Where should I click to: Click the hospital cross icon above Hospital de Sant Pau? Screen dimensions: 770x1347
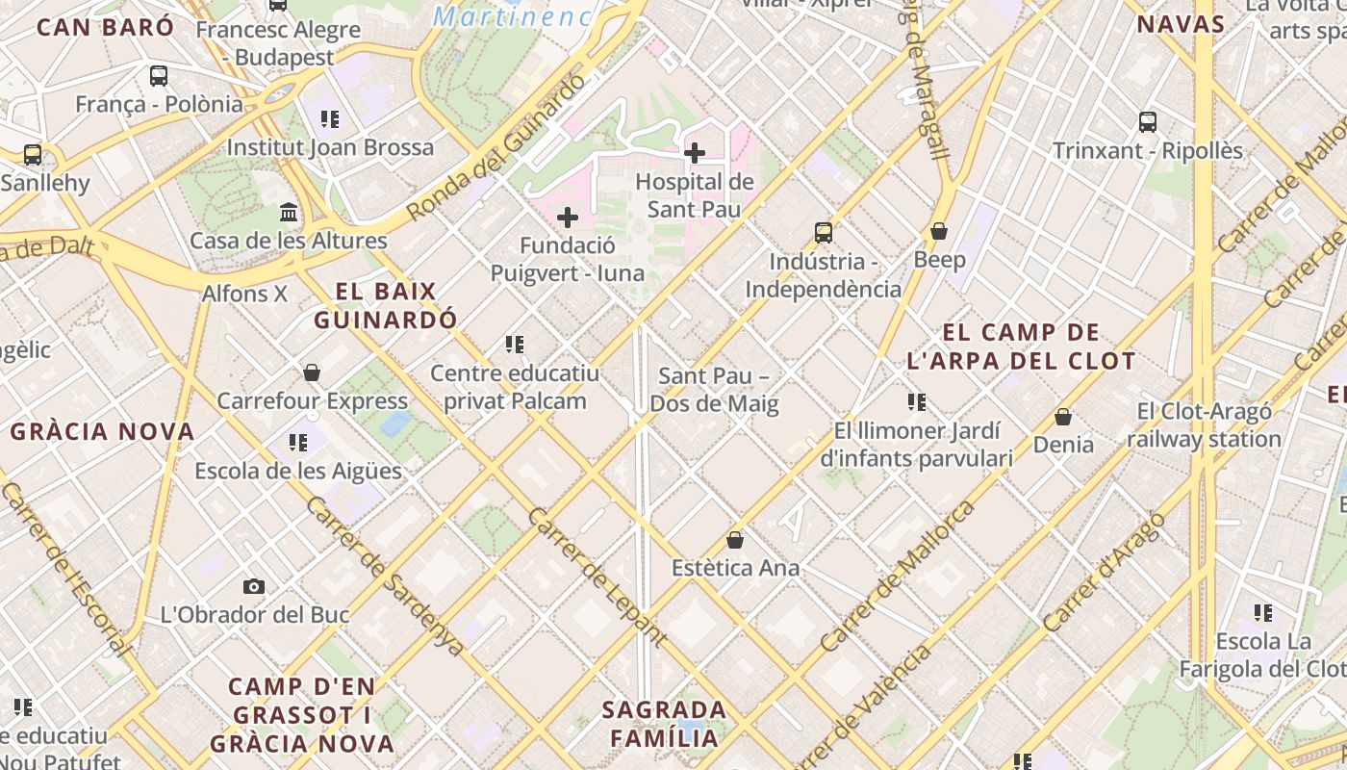[694, 152]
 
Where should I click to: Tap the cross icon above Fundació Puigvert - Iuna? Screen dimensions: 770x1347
[568, 218]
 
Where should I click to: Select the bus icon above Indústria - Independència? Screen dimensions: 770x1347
[823, 232]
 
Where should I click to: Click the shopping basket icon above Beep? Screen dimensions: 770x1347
[939, 231]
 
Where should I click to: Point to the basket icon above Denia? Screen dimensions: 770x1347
[1063, 416]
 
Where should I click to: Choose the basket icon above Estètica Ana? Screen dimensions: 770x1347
[735, 540]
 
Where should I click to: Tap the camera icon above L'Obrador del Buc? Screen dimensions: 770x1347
[254, 586]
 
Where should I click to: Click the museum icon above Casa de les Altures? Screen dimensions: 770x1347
[289, 212]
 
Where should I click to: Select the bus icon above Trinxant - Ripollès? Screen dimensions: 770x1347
[1147, 122]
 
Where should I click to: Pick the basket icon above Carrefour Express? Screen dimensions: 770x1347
[312, 372]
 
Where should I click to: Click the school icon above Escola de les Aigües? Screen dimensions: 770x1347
[298, 443]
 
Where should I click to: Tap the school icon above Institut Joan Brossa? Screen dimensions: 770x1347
[330, 119]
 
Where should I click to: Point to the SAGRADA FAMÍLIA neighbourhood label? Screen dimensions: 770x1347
[663, 724]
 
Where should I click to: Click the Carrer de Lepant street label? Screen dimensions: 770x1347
[597, 576]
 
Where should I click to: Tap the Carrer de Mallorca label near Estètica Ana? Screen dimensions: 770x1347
[897, 576]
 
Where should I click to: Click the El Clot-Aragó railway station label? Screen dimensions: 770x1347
[1204, 425]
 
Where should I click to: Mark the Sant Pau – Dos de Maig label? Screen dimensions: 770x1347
[714, 390]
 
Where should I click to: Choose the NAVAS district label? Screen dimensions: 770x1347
[1181, 24]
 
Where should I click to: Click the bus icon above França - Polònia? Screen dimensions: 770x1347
[159, 75]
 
